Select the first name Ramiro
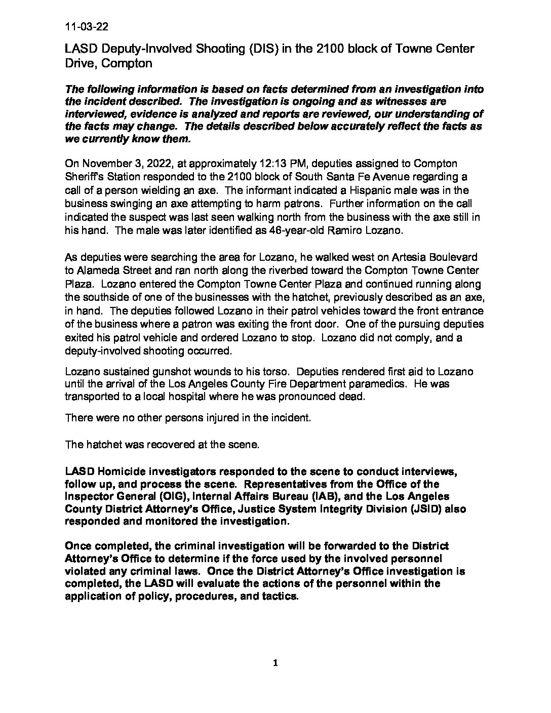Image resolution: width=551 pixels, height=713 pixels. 332,229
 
